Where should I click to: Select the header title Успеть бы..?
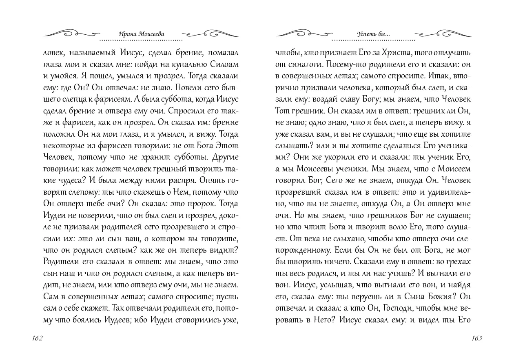tap(373, 35)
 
